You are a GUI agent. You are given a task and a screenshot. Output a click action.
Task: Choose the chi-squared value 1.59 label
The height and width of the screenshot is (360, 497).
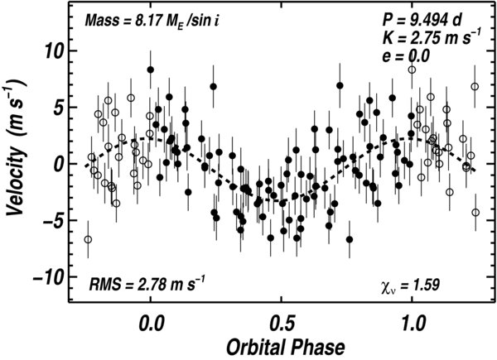[x=409, y=286]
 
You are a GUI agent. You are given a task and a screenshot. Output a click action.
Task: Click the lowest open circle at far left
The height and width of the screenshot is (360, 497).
[x=88, y=239]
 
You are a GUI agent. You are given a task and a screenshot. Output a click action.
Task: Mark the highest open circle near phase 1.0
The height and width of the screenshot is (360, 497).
[x=412, y=70]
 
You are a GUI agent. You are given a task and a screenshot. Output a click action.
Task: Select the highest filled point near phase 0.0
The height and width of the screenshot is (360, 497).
[x=151, y=70]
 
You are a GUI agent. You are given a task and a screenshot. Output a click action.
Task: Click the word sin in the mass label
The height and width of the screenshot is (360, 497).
[x=196, y=20]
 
